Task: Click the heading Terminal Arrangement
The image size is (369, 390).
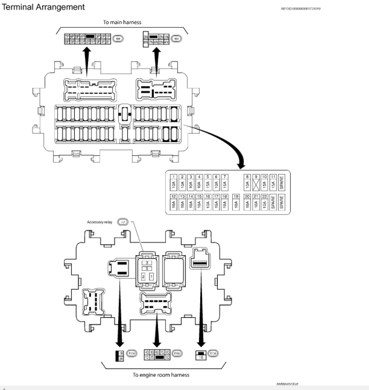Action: click(44, 8)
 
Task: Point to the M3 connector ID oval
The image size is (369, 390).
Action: click(176, 38)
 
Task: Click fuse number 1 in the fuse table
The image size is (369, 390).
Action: click(173, 177)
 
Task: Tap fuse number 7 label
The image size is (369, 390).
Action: click(224, 177)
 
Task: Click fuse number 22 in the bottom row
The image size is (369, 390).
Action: click(264, 196)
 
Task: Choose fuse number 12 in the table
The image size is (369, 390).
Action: click(173, 196)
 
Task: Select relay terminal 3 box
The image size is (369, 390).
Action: click(146, 262)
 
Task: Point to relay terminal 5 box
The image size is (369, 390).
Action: click(146, 269)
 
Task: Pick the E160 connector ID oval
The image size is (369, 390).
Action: click(177, 354)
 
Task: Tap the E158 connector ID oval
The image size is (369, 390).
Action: click(214, 354)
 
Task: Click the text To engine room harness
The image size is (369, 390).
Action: click(161, 375)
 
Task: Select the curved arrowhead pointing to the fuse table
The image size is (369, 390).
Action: click(241, 164)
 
